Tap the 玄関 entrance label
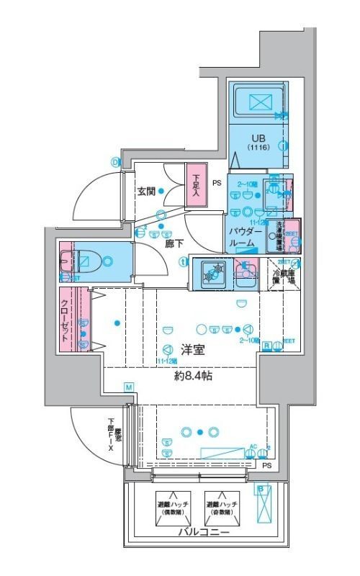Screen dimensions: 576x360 click(x=148, y=192)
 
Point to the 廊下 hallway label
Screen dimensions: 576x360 click(x=174, y=244)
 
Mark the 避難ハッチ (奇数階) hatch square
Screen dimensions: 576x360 click(x=221, y=507)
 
